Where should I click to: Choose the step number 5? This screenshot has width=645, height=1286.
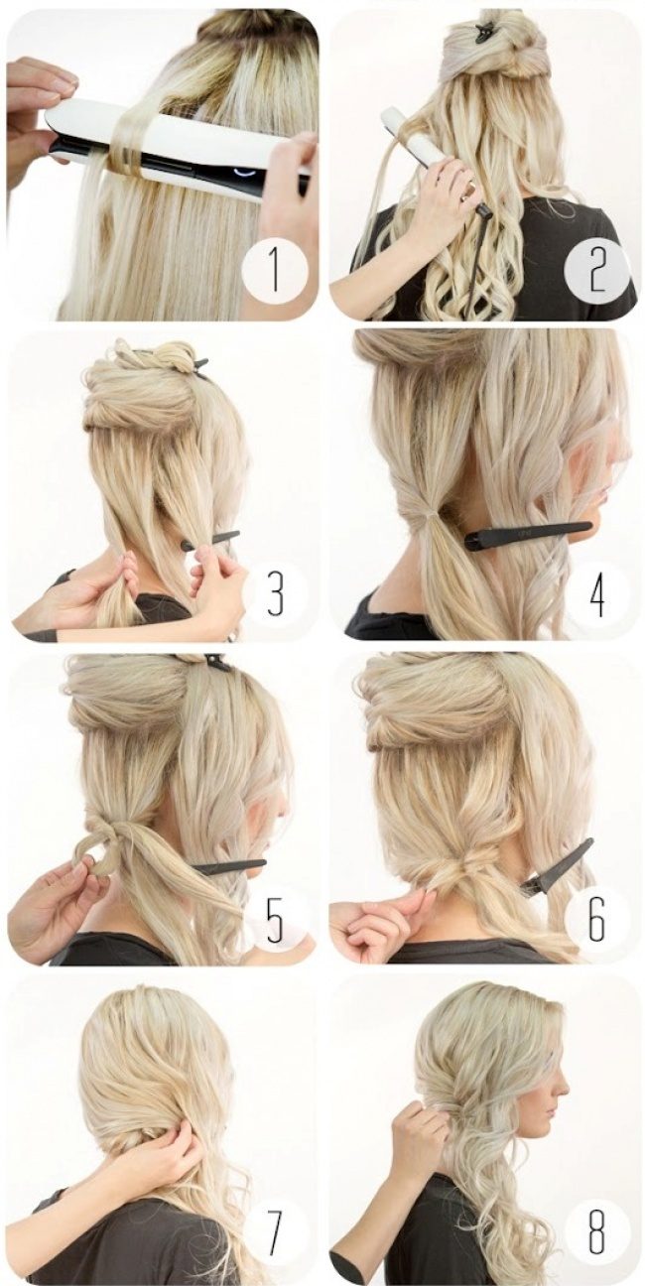pos(276,920)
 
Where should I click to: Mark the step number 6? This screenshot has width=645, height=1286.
pos(597,920)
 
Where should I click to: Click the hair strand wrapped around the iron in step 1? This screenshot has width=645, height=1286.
pos(127,138)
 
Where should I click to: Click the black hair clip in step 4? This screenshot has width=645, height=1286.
pos(526,535)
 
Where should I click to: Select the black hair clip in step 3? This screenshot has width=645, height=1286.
pos(210,540)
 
